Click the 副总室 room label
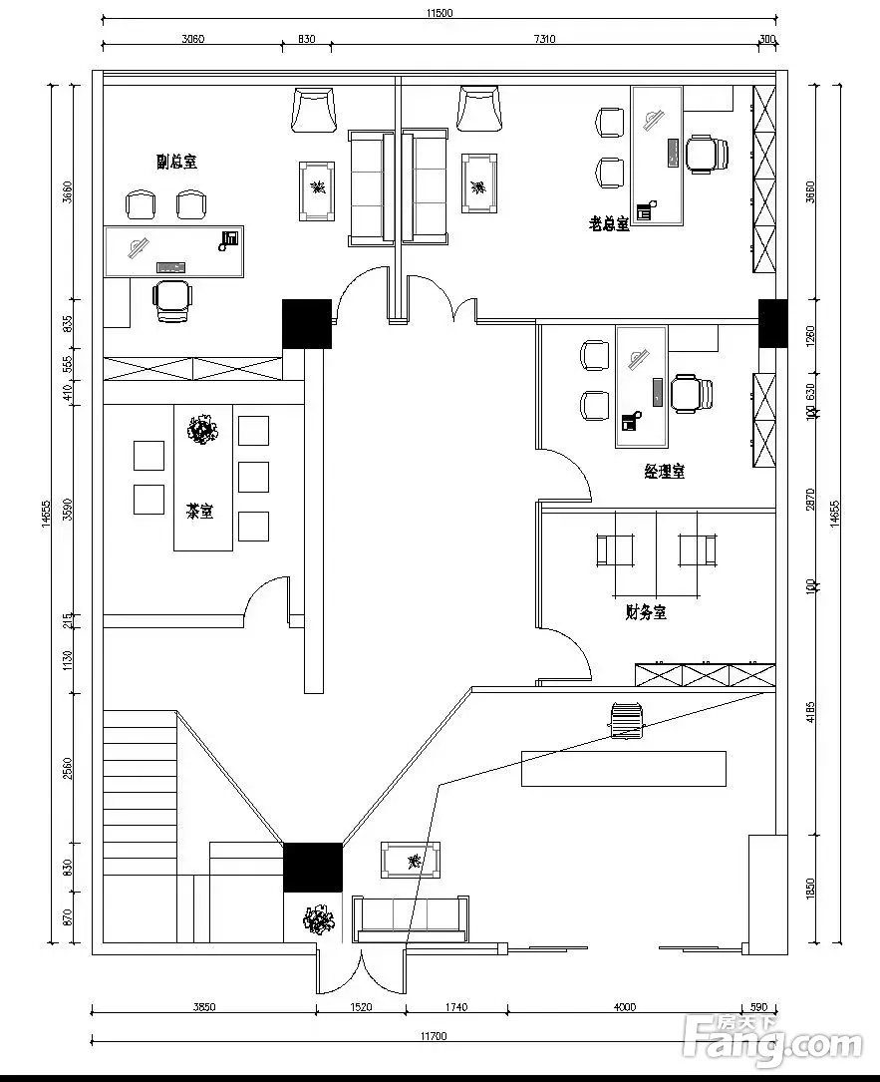[x=176, y=162]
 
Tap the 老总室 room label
[x=609, y=223]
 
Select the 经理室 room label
[x=664, y=471]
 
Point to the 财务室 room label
[x=646, y=612]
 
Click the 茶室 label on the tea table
[x=199, y=511]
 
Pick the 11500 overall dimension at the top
[x=439, y=13]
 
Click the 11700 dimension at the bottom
[x=432, y=1037]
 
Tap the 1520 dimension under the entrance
[x=361, y=1007]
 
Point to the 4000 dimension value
[x=625, y=1007]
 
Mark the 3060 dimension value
[x=192, y=40]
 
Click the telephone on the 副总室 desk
[x=230, y=238]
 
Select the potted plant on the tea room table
[x=203, y=430]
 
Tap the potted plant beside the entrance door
[x=320, y=919]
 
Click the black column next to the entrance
[x=313, y=867]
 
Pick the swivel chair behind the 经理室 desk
[x=690, y=392]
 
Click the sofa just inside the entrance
[x=412, y=917]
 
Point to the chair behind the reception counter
[x=627, y=720]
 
